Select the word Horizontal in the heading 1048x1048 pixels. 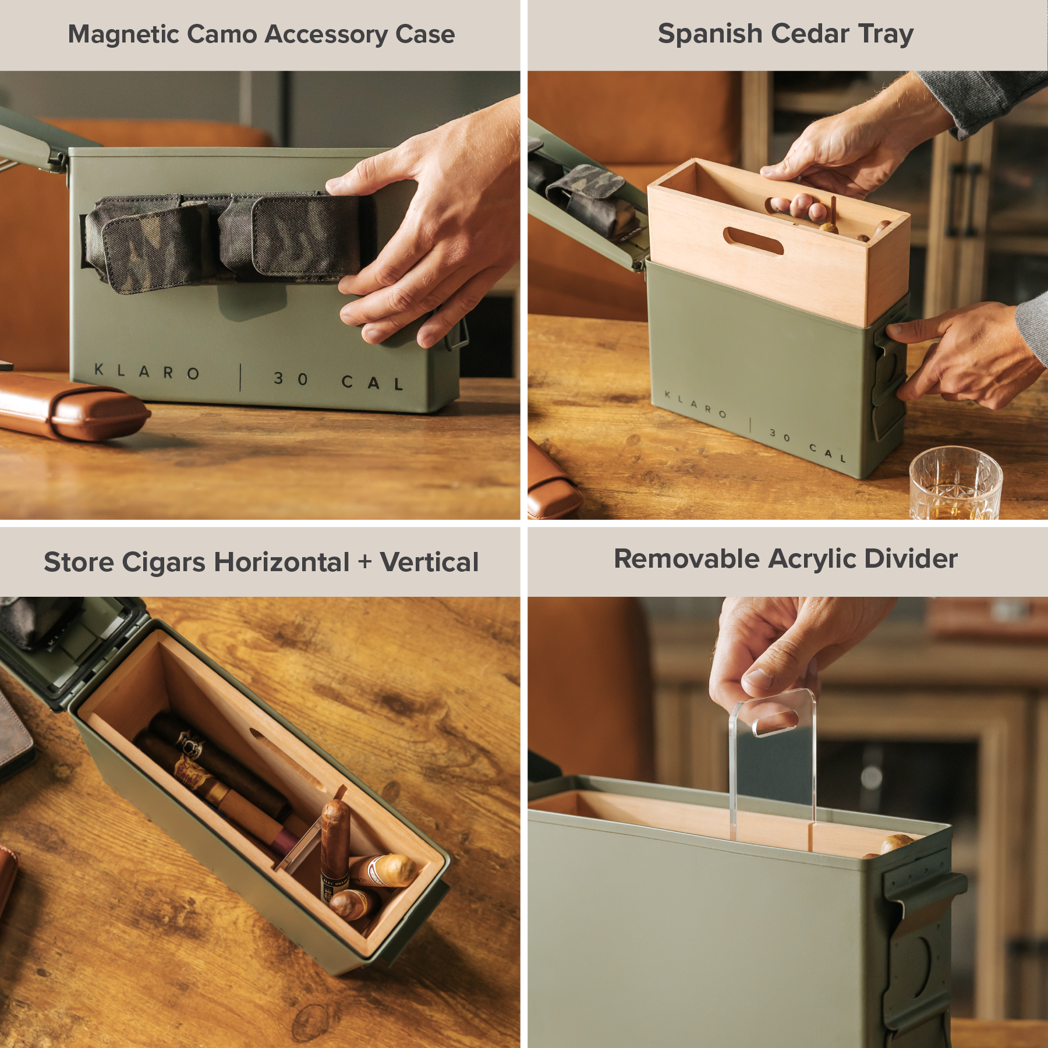pyautogui.click(x=282, y=562)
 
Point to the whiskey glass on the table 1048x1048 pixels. pyautogui.click(x=955, y=483)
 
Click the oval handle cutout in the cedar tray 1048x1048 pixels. pyautogui.click(x=753, y=241)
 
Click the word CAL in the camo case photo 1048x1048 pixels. pyautogui.click(x=373, y=383)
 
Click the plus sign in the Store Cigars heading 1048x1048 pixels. pyautogui.click(x=364, y=562)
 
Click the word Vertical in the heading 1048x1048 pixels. pyautogui.click(x=429, y=562)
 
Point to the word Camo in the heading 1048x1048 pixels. pyautogui.click(x=222, y=34)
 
